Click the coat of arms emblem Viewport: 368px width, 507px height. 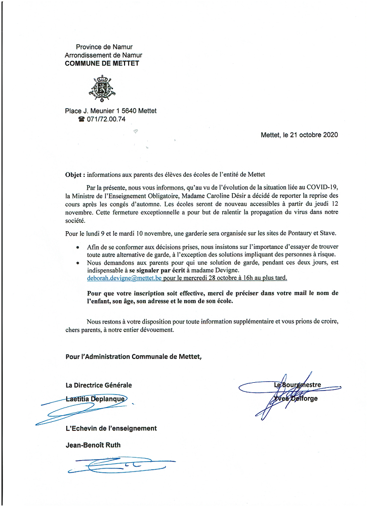click(103, 87)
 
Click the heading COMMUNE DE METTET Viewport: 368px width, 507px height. click(102, 63)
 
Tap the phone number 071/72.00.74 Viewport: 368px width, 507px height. click(106, 120)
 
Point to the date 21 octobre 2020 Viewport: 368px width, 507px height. click(308, 135)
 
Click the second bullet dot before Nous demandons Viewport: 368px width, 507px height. click(77, 263)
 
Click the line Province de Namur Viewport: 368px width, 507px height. click(104, 47)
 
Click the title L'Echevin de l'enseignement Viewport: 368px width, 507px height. click(111, 428)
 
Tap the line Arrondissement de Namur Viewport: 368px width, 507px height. click(103, 55)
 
